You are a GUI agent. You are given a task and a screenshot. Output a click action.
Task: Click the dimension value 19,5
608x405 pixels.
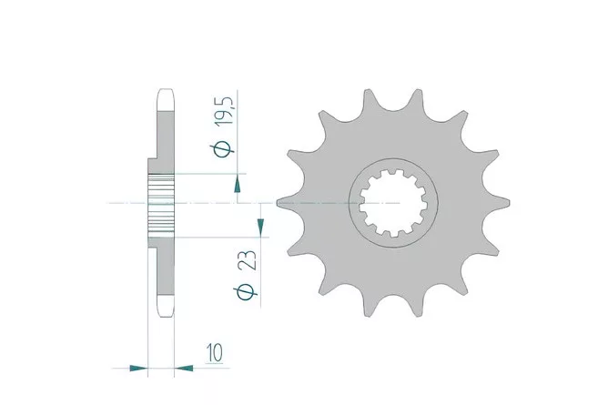pyautogui.click(x=226, y=110)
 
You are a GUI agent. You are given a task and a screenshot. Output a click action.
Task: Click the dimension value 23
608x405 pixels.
pyautogui.click(x=248, y=260)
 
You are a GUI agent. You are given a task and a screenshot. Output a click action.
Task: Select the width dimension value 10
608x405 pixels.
pyautogui.click(x=215, y=353)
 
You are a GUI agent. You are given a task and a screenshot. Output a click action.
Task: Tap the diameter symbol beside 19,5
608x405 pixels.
pyautogui.click(x=222, y=148)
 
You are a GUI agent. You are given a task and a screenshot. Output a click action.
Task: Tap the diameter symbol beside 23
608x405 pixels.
pyautogui.click(x=245, y=292)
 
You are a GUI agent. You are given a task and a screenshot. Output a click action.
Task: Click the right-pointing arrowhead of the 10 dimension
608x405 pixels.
pyautogui.click(x=139, y=369)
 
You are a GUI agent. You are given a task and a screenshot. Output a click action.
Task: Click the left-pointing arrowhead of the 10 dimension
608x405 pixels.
pyautogui.click(x=184, y=369)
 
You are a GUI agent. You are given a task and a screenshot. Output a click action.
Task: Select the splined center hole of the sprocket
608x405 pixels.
pyautogui.click(x=393, y=204)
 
